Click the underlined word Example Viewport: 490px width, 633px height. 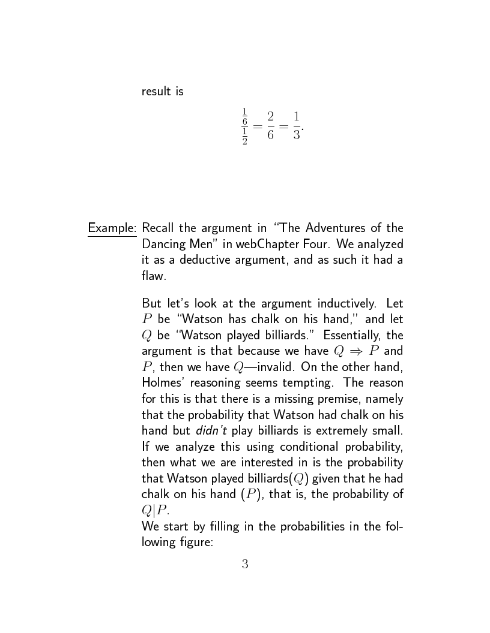coord(112,228)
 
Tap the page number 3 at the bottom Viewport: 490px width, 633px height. coord(245,563)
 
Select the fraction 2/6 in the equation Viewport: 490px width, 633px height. coord(271,125)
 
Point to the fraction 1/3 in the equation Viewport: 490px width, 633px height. coord(296,125)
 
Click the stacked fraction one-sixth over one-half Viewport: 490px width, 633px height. coord(244,126)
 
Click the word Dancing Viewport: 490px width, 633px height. coord(162,245)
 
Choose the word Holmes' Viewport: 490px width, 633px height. coord(163,382)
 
